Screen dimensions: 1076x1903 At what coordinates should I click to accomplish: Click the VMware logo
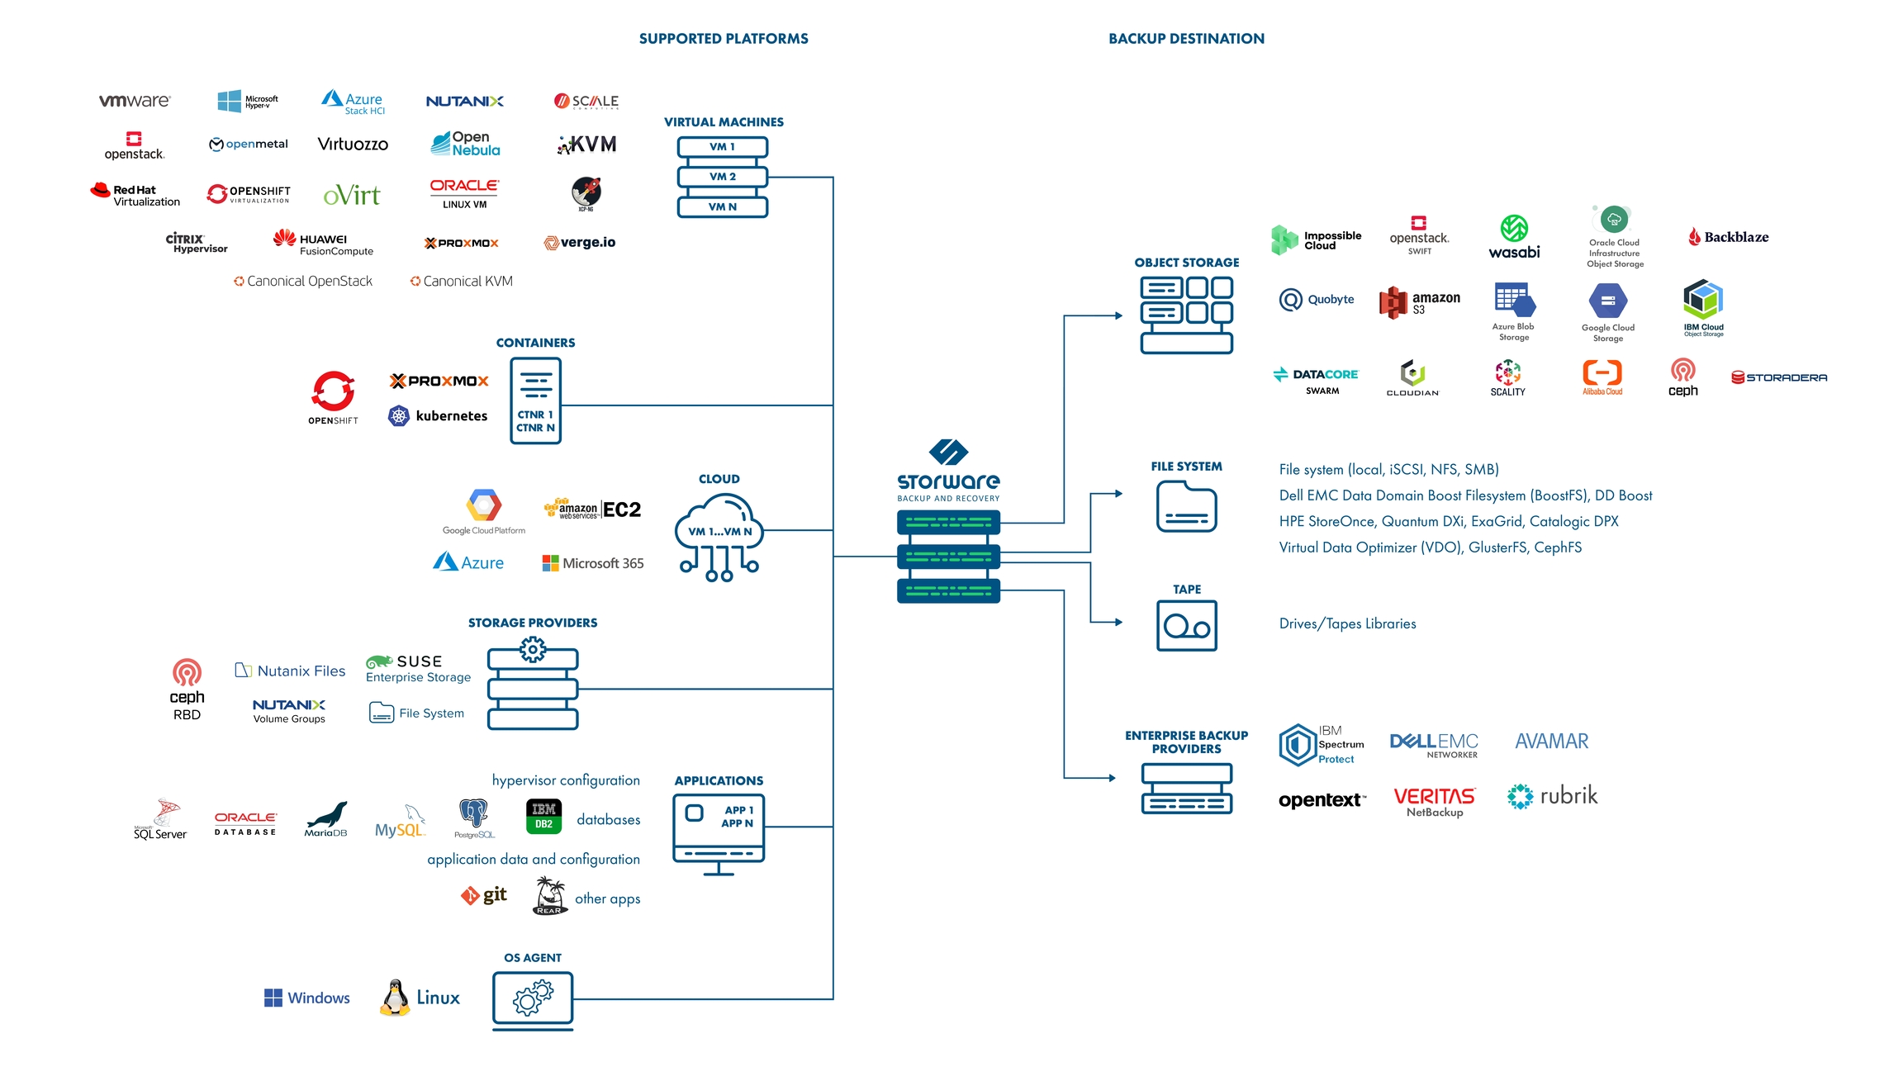[x=135, y=101]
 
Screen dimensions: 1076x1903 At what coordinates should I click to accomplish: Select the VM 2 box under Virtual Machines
[x=722, y=177]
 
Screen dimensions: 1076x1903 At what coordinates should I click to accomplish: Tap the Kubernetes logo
[x=438, y=416]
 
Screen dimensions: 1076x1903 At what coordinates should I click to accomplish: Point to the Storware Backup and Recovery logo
[x=948, y=470]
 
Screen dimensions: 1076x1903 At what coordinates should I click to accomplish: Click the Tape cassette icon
[x=1186, y=626]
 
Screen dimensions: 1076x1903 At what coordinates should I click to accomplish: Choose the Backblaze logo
[x=1728, y=237]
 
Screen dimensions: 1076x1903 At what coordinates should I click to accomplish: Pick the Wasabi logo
[x=1514, y=237]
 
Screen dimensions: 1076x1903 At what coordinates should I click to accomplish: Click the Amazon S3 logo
[x=1419, y=302]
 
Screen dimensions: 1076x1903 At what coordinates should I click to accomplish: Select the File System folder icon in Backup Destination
[x=1186, y=506]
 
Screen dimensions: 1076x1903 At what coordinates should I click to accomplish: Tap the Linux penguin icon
[x=395, y=998]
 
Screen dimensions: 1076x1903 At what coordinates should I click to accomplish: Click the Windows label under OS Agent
[x=318, y=998]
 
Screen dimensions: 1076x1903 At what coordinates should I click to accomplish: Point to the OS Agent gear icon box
[x=533, y=999]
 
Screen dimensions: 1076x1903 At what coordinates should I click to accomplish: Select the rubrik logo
[x=1552, y=796]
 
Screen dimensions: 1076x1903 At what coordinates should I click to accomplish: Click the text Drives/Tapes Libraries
[x=1347, y=624]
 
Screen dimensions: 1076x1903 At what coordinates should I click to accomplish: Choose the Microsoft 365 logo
[x=592, y=563]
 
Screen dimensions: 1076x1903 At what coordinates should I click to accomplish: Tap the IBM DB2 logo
[x=543, y=816]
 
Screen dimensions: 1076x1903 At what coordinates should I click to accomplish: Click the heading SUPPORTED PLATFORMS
[x=724, y=39]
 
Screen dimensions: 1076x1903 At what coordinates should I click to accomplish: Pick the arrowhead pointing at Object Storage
[x=1118, y=315]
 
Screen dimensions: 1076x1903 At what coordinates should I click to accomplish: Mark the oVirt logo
[x=352, y=196]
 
